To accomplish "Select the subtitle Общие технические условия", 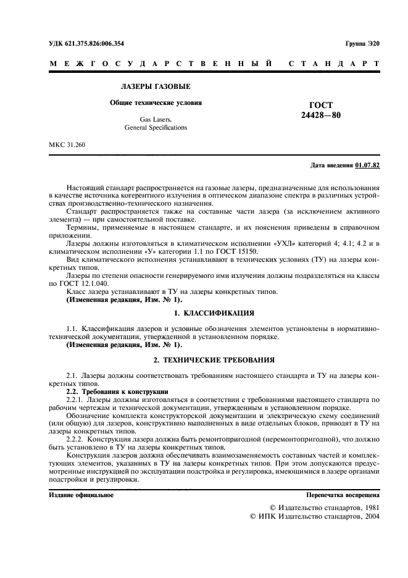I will (156, 103).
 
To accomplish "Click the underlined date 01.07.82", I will (368, 165).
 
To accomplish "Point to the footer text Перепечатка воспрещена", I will (343, 495).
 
